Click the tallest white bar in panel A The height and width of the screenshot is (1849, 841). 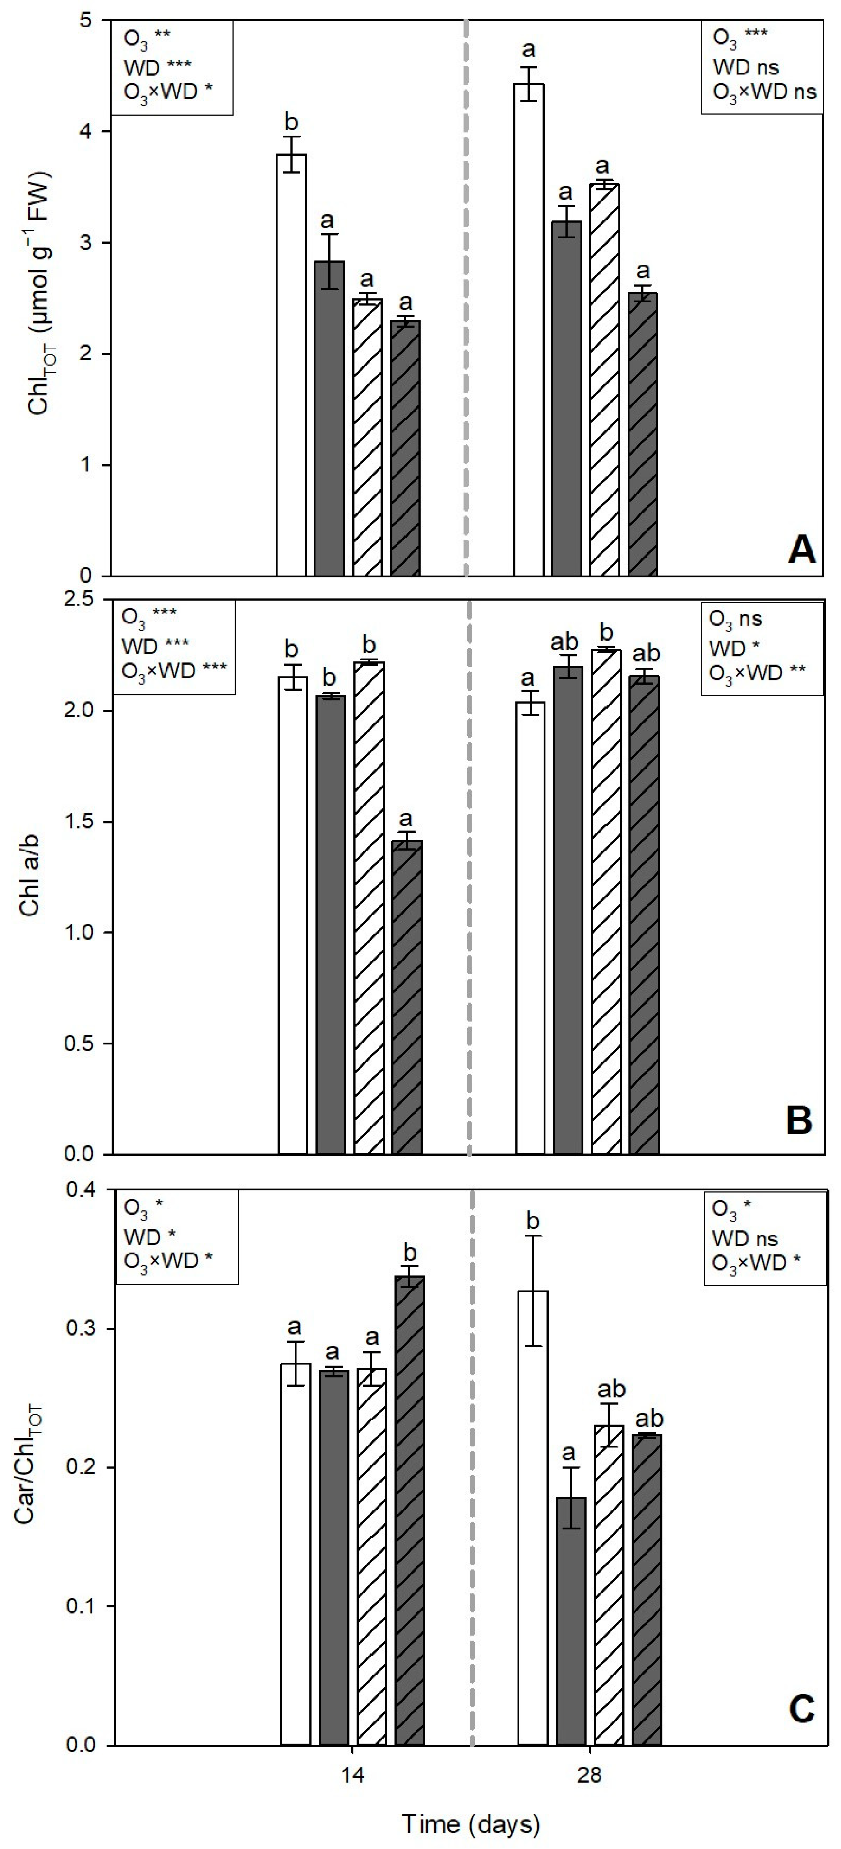528,330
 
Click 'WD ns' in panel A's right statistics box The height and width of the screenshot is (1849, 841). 746,67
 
